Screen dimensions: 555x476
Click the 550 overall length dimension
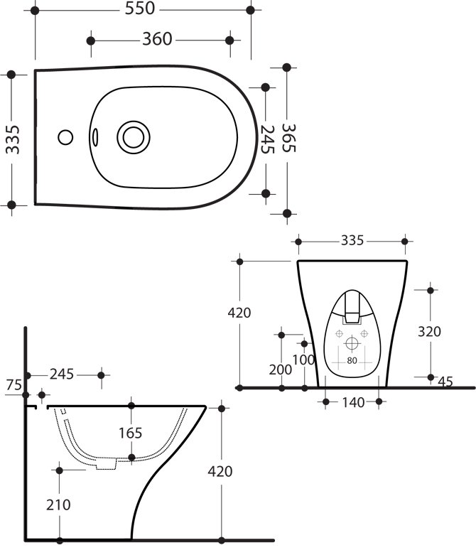pos(140,11)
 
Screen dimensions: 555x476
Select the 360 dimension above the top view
pos(157,40)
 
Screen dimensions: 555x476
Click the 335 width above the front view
pos(351,241)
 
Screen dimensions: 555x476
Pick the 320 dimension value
pos(430,331)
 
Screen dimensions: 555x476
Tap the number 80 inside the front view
pos(352,360)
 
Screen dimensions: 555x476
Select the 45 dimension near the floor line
pos(445,382)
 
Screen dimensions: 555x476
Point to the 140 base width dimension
pos(353,403)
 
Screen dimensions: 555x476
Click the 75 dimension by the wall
pos(13,385)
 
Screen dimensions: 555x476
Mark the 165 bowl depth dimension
pos(131,432)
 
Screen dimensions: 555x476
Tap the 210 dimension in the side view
pos(60,505)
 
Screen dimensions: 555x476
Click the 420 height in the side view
pos(221,471)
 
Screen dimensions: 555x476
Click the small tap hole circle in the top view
pos(66,136)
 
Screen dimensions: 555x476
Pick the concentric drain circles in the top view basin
pos(132,136)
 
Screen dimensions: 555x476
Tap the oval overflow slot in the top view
pos(96,136)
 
